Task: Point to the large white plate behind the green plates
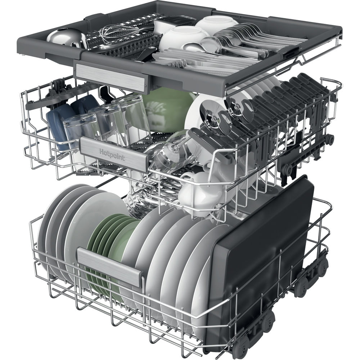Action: click(x=90, y=216)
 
